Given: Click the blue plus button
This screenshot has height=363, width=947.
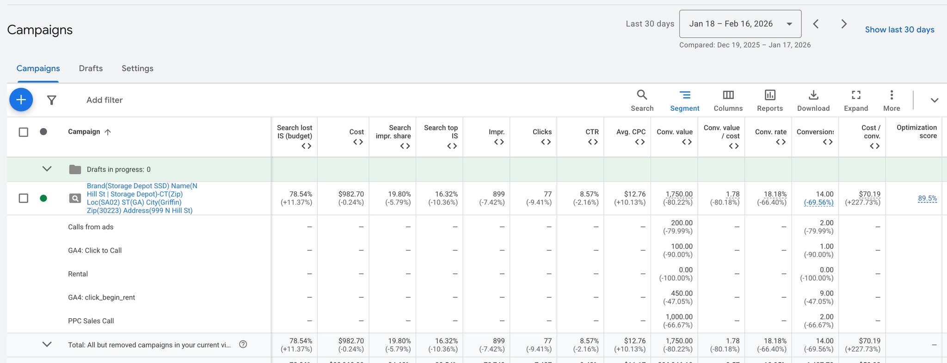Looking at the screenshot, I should (x=21, y=100).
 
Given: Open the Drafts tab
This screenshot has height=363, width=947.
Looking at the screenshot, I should (x=91, y=68).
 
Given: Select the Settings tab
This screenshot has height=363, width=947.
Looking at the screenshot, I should (x=137, y=68).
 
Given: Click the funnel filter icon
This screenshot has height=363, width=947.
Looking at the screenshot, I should (x=52, y=100).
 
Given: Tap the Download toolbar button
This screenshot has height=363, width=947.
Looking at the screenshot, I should (x=813, y=100).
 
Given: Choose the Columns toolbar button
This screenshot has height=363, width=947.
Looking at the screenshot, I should (x=728, y=100).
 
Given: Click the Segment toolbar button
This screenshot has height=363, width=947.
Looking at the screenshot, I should (x=684, y=100).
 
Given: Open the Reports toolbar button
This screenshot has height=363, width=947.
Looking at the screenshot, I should (x=770, y=100).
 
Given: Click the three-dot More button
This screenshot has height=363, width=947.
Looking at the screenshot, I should (x=892, y=100).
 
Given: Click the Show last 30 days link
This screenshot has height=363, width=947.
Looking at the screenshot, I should (x=899, y=30).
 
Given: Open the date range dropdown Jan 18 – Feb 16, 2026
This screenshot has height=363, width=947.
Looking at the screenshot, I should (x=740, y=24).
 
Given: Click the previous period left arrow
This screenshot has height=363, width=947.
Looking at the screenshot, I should (x=816, y=24).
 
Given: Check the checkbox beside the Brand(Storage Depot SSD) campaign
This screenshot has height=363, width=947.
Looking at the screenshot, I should (x=24, y=198).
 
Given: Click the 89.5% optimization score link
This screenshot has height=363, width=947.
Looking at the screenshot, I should (x=927, y=198).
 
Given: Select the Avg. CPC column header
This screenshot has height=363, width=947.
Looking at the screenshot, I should (x=631, y=132).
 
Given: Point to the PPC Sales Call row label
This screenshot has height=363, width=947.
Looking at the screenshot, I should (x=91, y=321).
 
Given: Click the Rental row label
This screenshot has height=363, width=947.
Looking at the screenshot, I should (x=78, y=274).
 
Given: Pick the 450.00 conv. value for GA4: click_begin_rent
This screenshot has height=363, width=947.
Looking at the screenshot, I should (x=682, y=293).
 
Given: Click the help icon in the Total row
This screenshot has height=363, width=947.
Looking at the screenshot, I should (x=243, y=345).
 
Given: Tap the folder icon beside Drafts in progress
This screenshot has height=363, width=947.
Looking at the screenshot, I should (x=75, y=169).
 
